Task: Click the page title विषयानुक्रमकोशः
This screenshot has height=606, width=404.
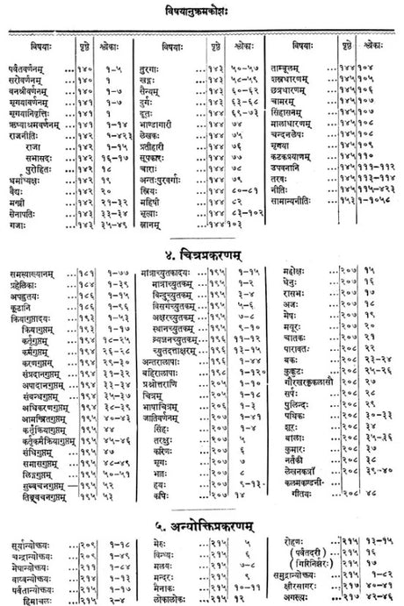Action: click(x=203, y=10)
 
